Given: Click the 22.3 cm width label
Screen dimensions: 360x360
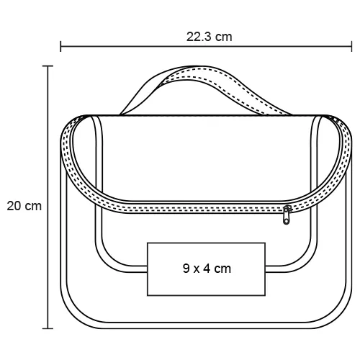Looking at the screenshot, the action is pos(210,37).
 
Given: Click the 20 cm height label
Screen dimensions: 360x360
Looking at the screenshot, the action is pos(24,206).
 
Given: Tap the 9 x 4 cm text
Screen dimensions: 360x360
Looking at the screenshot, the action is pos(207,269).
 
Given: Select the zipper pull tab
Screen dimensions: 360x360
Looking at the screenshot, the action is pos(287,215).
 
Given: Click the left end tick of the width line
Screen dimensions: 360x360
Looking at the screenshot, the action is pos(60,46).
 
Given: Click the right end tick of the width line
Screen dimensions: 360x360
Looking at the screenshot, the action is pos(351,46).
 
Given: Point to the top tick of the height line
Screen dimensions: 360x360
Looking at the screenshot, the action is pos(48,66).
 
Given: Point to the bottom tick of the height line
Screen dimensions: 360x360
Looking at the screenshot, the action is pos(48,328).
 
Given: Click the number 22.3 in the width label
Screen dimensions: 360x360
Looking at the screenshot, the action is pos(199,37).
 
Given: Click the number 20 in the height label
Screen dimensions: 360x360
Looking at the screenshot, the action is pos(14,206).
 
